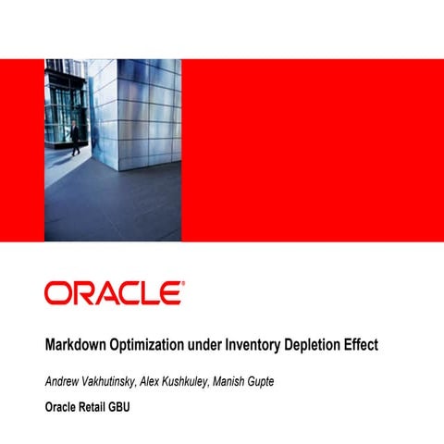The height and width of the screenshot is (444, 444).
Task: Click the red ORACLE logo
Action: coord(112,293)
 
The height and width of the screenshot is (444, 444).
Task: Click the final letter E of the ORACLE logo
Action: coord(168,293)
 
